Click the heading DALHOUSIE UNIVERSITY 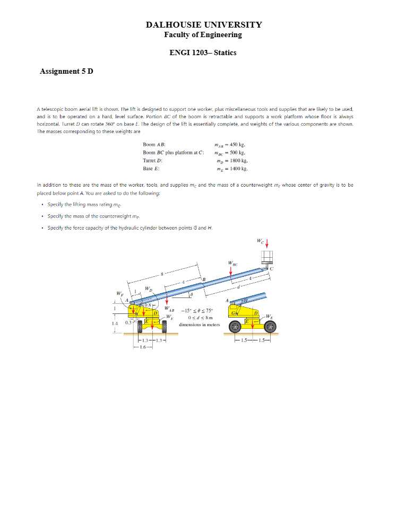coord(204,25)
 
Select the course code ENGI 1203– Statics coord(203,52)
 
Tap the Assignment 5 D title coord(66,71)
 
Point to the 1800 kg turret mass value coord(233,160)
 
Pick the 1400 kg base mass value coord(233,169)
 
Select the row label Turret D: coord(153,160)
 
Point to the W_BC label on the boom coord(232,262)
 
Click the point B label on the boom coord(203,279)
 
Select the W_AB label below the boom coord(169,308)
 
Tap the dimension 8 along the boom coord(162,275)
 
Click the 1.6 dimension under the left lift coord(142,347)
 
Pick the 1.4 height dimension coord(115,322)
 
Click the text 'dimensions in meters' coord(197,324)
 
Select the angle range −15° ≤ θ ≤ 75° coord(197,311)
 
